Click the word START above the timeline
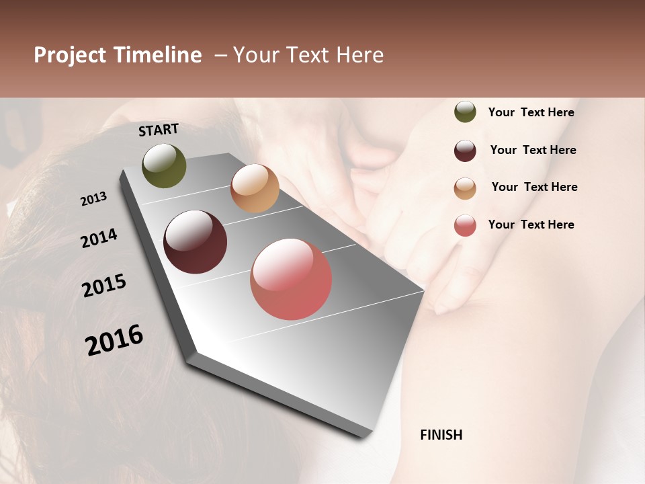pyautogui.click(x=159, y=130)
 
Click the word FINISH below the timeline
pyautogui.click(x=441, y=435)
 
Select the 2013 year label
pyautogui.click(x=94, y=199)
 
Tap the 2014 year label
pyautogui.click(x=99, y=238)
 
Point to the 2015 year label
pyautogui.click(x=104, y=286)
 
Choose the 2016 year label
pyautogui.click(x=114, y=340)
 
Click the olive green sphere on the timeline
pyautogui.click(x=164, y=165)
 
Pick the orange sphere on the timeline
pyautogui.click(x=255, y=188)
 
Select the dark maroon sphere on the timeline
pyautogui.click(x=196, y=242)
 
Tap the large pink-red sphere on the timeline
pyautogui.click(x=291, y=279)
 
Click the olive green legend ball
pyautogui.click(x=465, y=112)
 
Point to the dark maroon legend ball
pyautogui.click(x=465, y=150)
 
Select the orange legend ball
pyautogui.click(x=465, y=188)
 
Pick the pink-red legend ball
pyautogui.click(x=465, y=225)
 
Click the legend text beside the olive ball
pyautogui.click(x=531, y=112)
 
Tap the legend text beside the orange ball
pyautogui.click(x=534, y=187)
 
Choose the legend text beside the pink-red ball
pyautogui.click(x=531, y=225)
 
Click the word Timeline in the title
pyautogui.click(x=157, y=55)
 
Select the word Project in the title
pyautogui.click(x=70, y=55)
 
